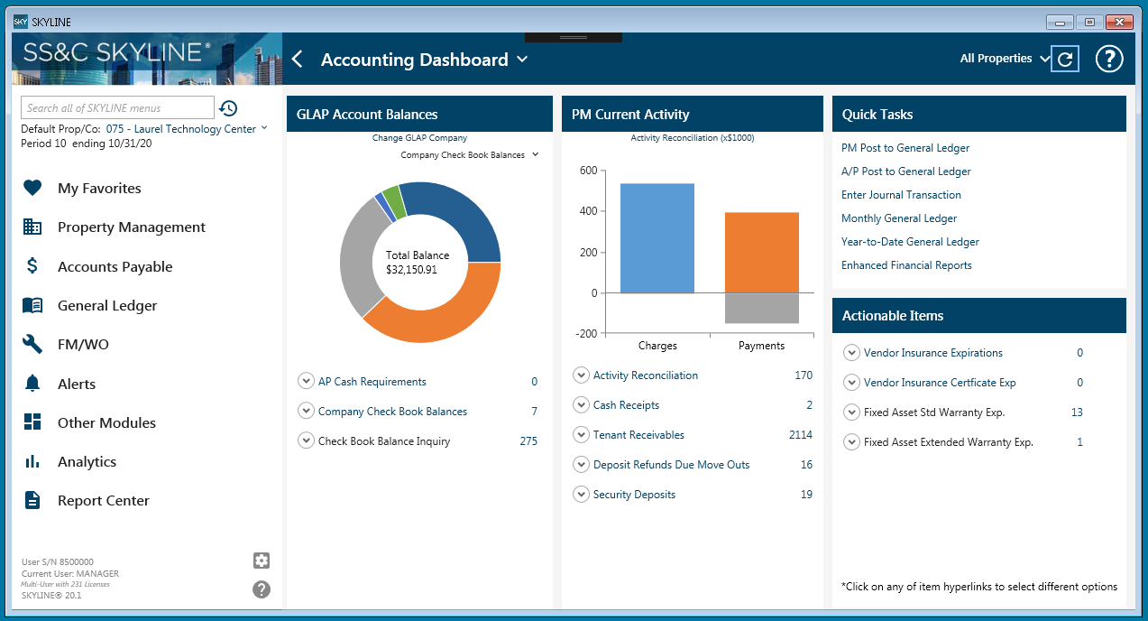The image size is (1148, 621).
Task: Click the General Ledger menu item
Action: point(106,306)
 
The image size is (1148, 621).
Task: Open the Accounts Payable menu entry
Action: point(115,267)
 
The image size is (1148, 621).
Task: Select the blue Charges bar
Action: point(657,238)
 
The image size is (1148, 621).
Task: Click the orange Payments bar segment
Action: point(761,253)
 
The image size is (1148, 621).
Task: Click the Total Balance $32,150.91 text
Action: point(418,263)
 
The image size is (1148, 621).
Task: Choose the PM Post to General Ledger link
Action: point(905,148)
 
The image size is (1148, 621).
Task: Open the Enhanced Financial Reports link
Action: point(906,265)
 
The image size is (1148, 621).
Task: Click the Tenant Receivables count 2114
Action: point(800,435)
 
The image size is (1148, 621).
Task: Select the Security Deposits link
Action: point(634,495)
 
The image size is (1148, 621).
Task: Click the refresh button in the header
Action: point(1065,60)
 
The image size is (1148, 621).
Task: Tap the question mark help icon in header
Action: point(1108,60)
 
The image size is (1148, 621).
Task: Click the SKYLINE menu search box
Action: point(117,108)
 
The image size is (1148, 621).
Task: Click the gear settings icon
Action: point(262,561)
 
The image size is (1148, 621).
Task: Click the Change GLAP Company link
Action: point(419,138)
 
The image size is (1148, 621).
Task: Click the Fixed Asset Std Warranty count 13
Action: point(1077,412)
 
